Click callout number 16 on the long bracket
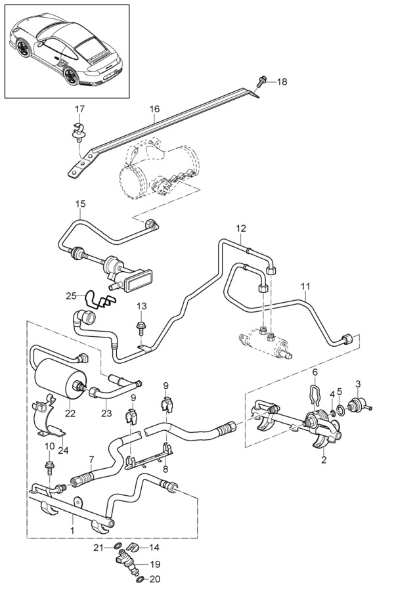pos(155,109)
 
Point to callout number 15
pos(79,204)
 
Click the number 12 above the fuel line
pos(241,228)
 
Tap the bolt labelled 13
pos(141,326)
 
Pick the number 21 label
pos(98,547)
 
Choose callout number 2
pos(323,460)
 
